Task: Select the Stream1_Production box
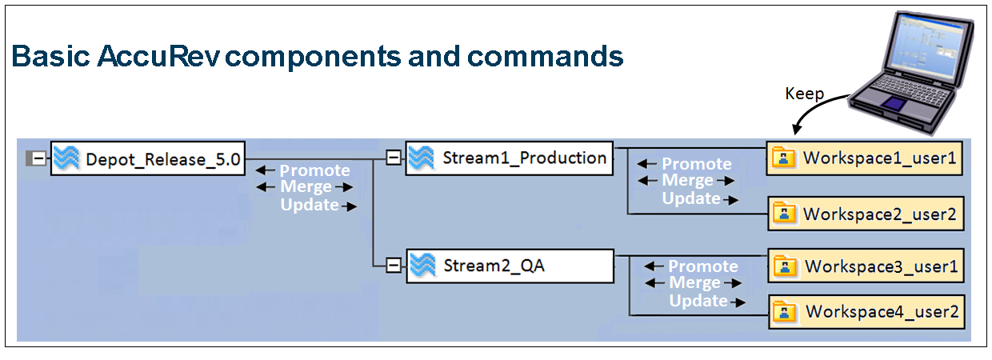(x=509, y=158)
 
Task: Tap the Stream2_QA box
(x=509, y=266)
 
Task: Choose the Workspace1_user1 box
(x=865, y=158)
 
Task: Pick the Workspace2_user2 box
(x=865, y=214)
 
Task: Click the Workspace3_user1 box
(x=866, y=266)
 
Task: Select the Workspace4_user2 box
(x=866, y=311)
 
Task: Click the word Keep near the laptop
(x=804, y=94)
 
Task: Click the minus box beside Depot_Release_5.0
(x=38, y=159)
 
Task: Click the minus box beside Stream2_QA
(x=393, y=266)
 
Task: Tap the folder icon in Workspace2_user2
(x=786, y=214)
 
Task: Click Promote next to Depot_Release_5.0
(x=314, y=170)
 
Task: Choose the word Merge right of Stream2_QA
(x=694, y=283)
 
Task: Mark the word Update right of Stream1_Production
(x=691, y=198)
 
